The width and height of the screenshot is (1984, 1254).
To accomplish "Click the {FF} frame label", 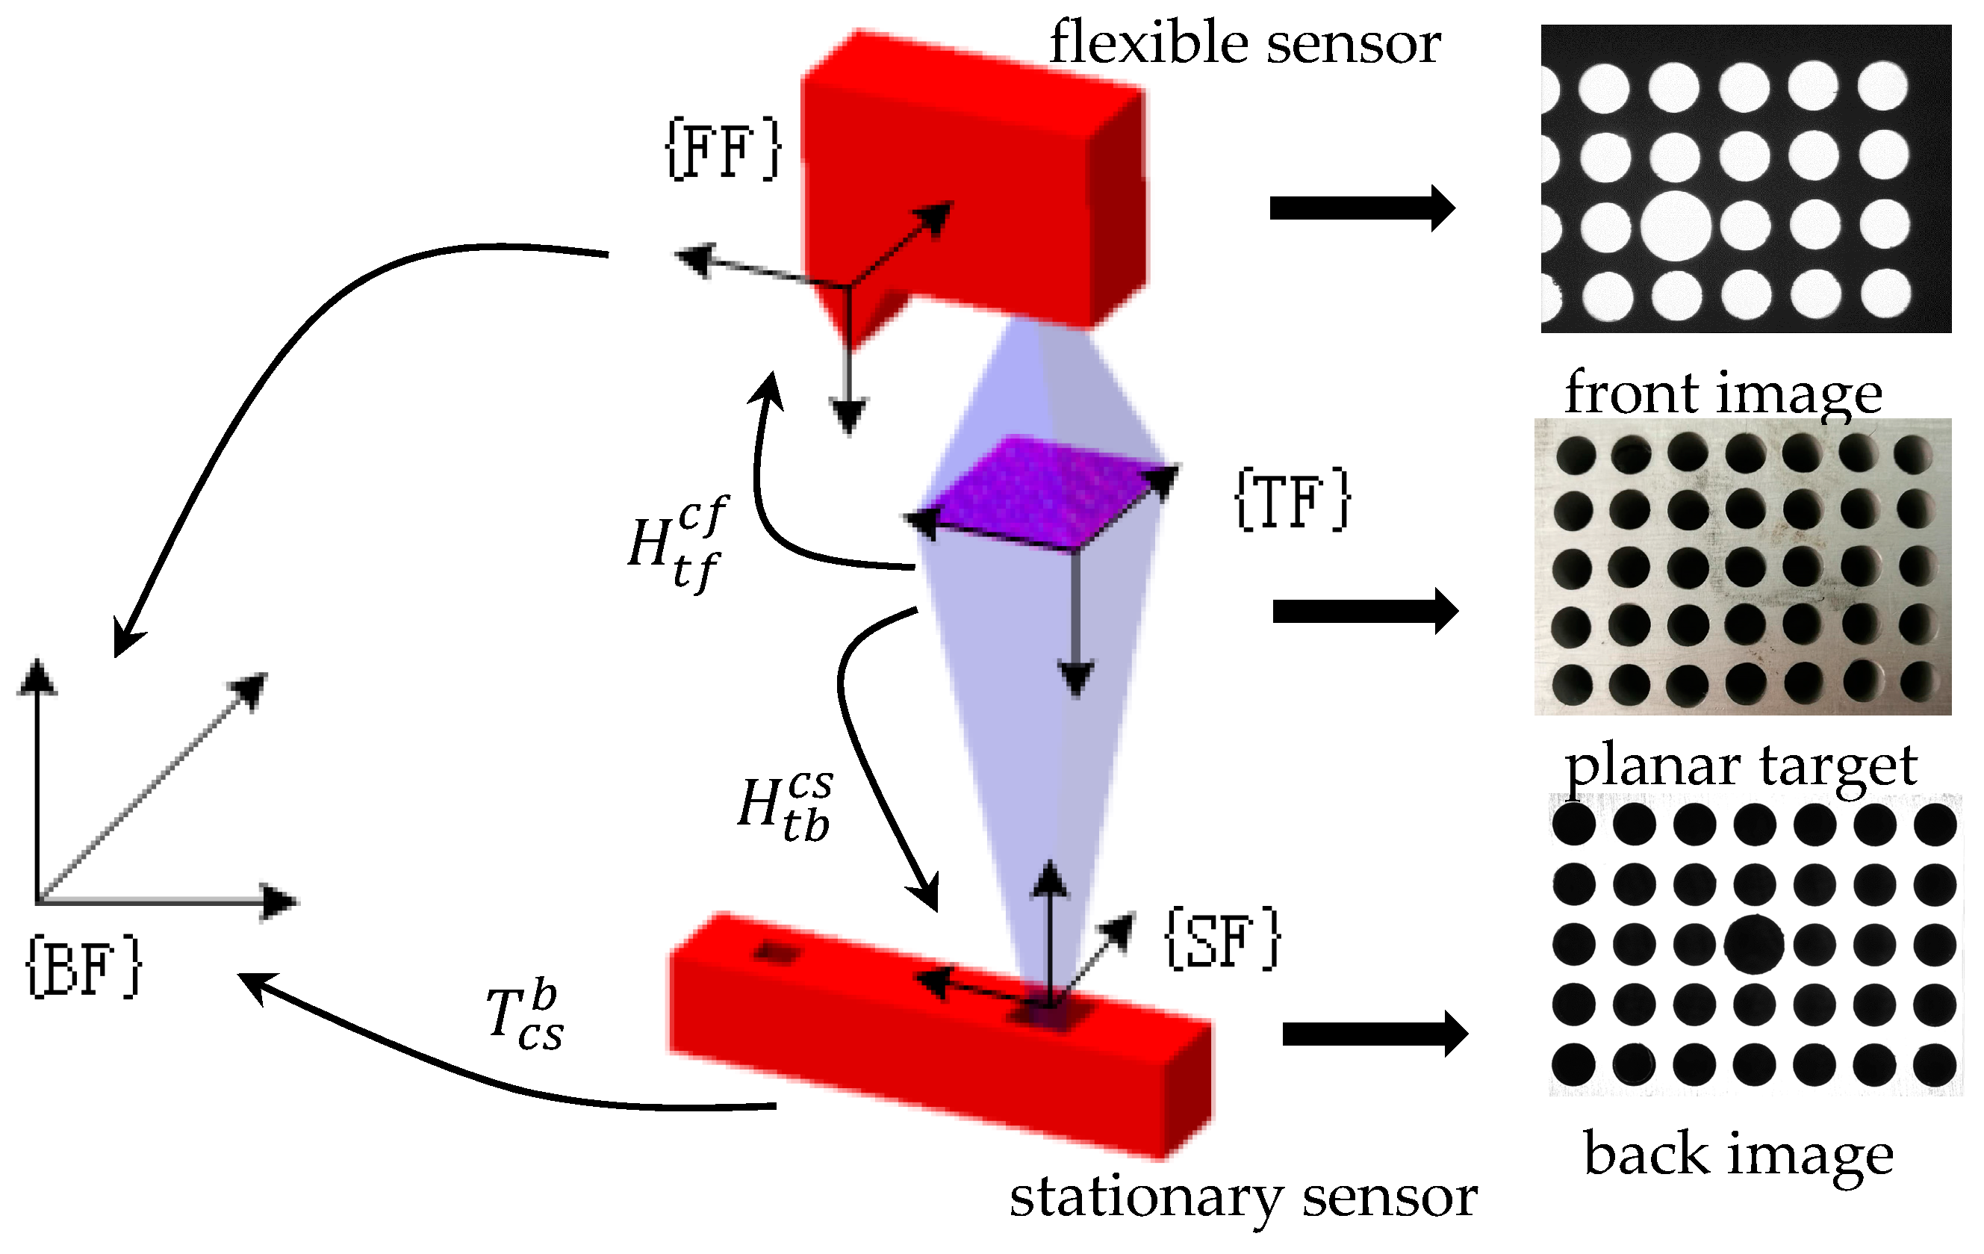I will (x=723, y=149).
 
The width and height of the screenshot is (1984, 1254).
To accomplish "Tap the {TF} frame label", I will (x=1292, y=500).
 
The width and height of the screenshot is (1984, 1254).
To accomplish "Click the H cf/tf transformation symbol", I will (x=677, y=544).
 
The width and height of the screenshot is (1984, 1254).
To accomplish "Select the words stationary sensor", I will (x=1243, y=1196).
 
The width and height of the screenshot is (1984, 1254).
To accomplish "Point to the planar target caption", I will (x=1740, y=766).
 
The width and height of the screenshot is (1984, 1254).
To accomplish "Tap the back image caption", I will (x=1738, y=1155).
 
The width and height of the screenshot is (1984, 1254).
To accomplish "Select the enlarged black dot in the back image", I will (x=1753, y=944).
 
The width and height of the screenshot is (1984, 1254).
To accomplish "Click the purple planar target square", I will (x=1042, y=494).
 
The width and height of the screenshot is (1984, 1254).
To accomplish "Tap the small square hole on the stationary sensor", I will (x=777, y=953).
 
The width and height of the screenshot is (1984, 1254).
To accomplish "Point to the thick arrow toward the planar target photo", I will (x=1364, y=612).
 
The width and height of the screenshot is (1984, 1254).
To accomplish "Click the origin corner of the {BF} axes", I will (x=38, y=901).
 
